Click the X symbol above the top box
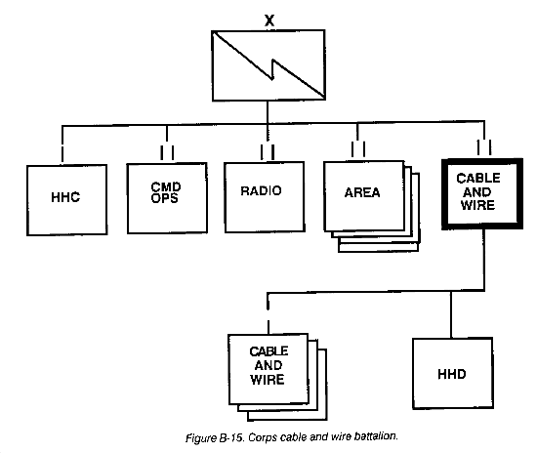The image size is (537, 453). (269, 21)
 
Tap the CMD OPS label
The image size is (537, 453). (165, 192)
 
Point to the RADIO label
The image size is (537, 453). (261, 190)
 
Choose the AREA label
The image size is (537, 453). (362, 192)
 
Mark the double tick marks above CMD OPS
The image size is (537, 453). (167, 152)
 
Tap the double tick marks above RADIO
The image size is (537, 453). (268, 152)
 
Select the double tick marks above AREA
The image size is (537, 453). (358, 149)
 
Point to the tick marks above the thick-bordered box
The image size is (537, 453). (484, 147)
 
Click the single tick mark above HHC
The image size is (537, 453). (62, 154)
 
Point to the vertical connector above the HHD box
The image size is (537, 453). (451, 314)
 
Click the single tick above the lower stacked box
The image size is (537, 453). (268, 327)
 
